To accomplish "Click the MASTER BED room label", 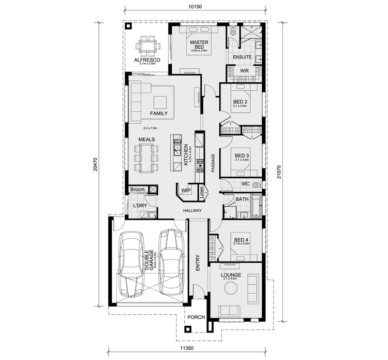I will tap(199, 44).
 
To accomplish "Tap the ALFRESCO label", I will tap(147, 60).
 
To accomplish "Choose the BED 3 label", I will tap(242, 155).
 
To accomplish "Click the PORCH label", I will tap(197, 318).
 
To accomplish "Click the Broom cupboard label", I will tap(137, 190).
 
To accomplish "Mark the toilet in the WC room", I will tap(257, 184).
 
